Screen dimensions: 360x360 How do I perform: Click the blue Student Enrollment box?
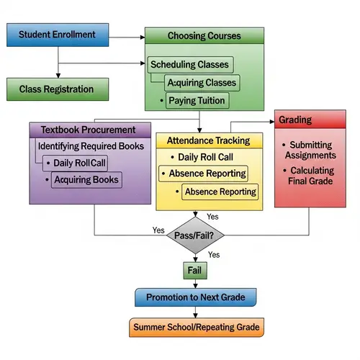(57, 35)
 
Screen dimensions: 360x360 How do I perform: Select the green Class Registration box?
(57, 89)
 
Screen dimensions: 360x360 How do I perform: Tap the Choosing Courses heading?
(204, 36)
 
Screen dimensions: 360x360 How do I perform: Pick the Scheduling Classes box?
(189, 65)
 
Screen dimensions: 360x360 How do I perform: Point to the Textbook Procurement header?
(89, 130)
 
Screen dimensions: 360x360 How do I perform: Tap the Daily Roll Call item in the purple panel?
(79, 163)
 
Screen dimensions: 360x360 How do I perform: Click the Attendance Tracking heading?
(208, 140)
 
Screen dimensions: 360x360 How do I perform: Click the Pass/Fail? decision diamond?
(194, 235)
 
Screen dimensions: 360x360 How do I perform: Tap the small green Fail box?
(194, 269)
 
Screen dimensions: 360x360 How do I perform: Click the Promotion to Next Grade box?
(194, 297)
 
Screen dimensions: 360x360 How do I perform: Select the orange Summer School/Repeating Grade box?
(194, 328)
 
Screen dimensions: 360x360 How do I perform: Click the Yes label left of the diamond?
(158, 230)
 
